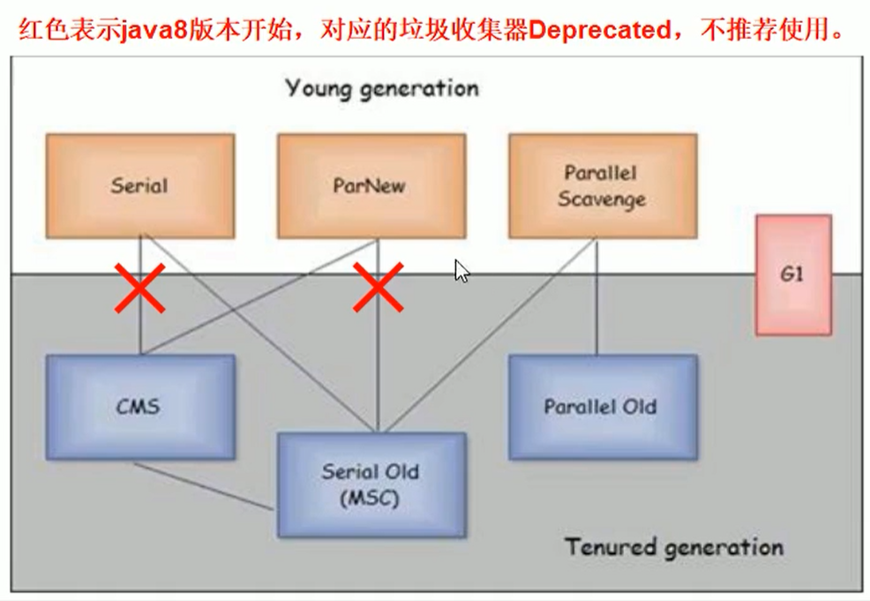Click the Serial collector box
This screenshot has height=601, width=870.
(139, 186)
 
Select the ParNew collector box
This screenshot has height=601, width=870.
(371, 186)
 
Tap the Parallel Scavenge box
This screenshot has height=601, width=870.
(603, 186)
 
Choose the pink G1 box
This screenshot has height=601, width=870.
(792, 274)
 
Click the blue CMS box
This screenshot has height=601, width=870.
(140, 407)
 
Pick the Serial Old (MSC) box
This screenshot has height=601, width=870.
(371, 485)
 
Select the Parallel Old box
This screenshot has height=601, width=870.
(603, 407)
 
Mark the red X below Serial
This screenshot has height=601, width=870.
(140, 288)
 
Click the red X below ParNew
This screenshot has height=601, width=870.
(379, 287)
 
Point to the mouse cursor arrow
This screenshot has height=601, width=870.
(461, 270)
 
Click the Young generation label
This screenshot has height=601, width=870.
(382, 88)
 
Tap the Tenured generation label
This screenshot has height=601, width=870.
(674, 547)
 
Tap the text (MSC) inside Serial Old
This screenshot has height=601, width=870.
(371, 499)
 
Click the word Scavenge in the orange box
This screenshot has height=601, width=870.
(602, 200)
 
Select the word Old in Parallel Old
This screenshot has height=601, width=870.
(639, 407)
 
